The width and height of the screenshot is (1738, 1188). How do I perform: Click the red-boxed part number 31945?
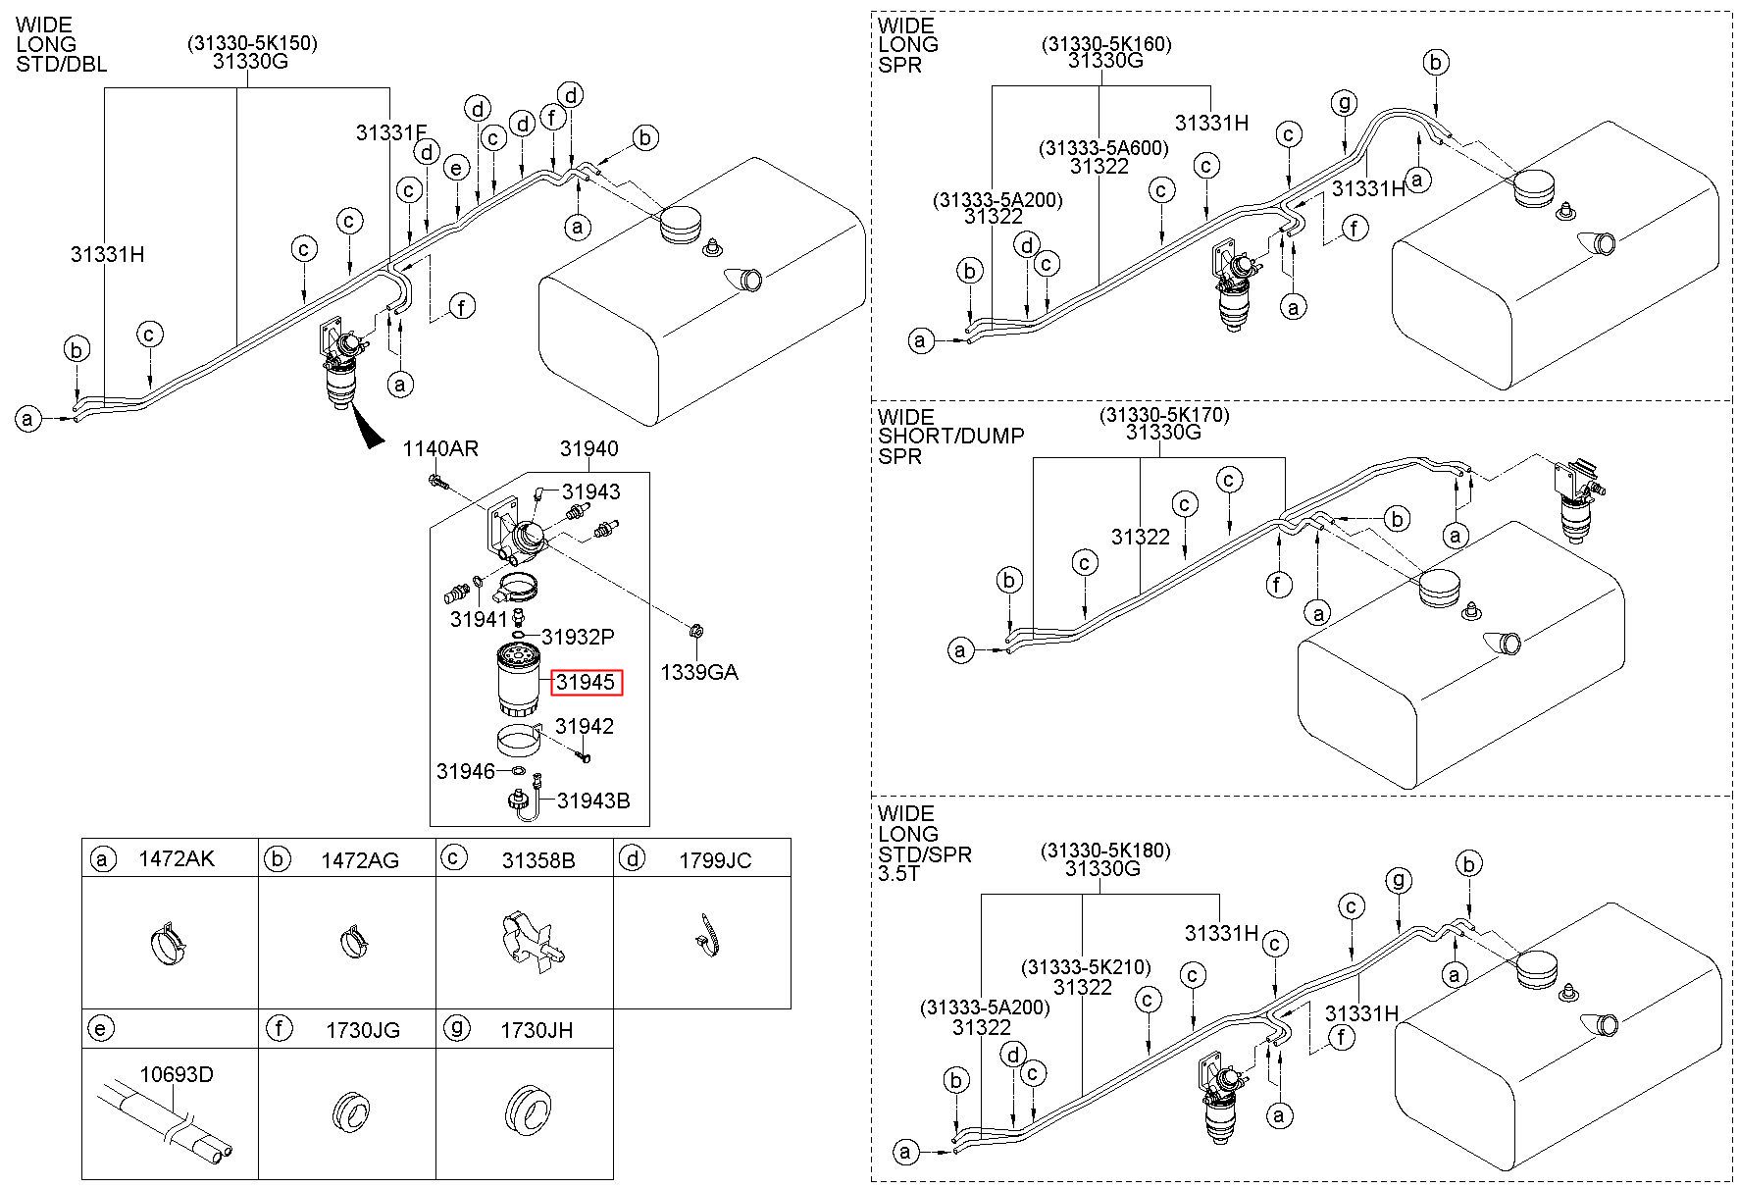pyautogui.click(x=586, y=682)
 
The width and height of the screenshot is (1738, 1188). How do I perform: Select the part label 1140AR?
pyautogui.click(x=440, y=449)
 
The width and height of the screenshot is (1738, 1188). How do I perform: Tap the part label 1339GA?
pyautogui.click(x=698, y=672)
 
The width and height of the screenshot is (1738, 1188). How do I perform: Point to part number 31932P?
pyautogui.click(x=578, y=638)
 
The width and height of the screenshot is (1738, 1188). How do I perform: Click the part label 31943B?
pyautogui.click(x=593, y=801)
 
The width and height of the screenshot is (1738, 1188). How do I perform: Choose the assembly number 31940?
pyautogui.click(x=588, y=449)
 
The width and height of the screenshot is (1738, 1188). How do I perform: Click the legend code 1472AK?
pyautogui.click(x=177, y=859)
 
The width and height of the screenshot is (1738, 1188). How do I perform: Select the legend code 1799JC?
pyautogui.click(x=715, y=860)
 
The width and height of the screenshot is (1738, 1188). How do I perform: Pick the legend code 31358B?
pyautogui.click(x=538, y=860)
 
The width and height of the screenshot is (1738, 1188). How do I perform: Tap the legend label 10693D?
pyautogui.click(x=176, y=1074)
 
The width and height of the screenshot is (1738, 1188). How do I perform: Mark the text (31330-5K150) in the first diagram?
pyautogui.click(x=253, y=43)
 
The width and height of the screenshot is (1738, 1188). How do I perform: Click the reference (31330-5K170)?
pyautogui.click(x=1163, y=415)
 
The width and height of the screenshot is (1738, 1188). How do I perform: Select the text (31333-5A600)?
pyautogui.click(x=1103, y=148)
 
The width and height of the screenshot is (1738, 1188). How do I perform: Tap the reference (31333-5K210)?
pyautogui.click(x=1086, y=967)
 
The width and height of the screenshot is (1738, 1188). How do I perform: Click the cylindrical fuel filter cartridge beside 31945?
pyautogui.click(x=516, y=679)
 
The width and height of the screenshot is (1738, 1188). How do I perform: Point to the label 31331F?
pyautogui.click(x=391, y=133)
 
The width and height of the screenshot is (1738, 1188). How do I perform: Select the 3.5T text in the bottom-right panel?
pyautogui.click(x=899, y=873)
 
